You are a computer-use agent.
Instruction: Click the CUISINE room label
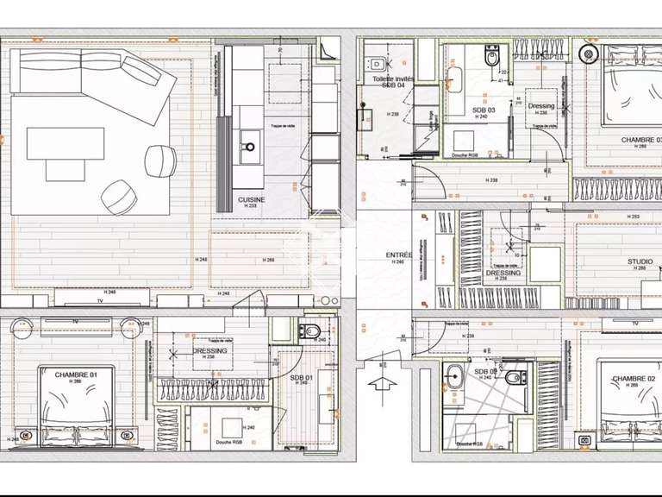(252, 199)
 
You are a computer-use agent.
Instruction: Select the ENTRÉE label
(398, 255)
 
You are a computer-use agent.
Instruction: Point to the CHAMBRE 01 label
(75, 374)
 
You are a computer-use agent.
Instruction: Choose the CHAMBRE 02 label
(634, 378)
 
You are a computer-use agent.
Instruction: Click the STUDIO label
(640, 261)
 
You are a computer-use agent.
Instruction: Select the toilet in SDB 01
(310, 331)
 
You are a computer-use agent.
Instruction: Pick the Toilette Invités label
(393, 79)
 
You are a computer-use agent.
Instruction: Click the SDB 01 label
(301, 376)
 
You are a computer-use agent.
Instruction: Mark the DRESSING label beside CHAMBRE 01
(210, 351)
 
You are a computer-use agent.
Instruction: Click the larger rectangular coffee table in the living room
(66, 143)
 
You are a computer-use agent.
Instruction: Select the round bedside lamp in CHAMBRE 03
(590, 53)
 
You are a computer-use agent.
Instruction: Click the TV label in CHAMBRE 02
(634, 323)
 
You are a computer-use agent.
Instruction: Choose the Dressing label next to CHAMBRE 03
(541, 106)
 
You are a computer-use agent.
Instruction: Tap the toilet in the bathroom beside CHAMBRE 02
(514, 375)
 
